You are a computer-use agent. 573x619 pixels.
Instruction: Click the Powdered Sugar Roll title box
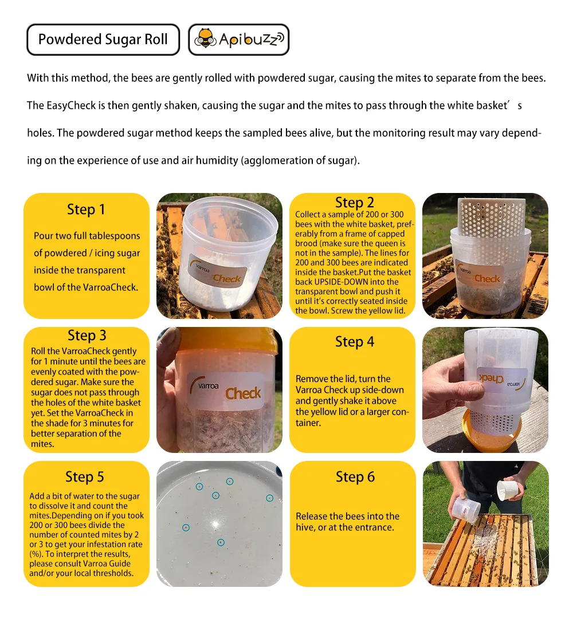click(x=103, y=40)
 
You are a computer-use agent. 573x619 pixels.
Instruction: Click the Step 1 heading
click(x=86, y=210)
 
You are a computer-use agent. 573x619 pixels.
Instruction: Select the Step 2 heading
click(x=354, y=203)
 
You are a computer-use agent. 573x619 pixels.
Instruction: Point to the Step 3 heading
click(x=87, y=336)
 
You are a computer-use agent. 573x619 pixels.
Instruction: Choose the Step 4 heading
click(x=354, y=342)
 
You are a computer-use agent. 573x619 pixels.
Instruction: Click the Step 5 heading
click(x=85, y=477)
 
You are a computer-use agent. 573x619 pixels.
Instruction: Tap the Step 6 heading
click(x=355, y=477)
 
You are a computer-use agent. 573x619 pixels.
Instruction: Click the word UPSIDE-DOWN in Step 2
click(x=338, y=282)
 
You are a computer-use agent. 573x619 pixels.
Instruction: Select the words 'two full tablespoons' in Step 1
click(x=98, y=236)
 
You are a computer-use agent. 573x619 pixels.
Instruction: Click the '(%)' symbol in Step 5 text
click(x=36, y=554)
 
